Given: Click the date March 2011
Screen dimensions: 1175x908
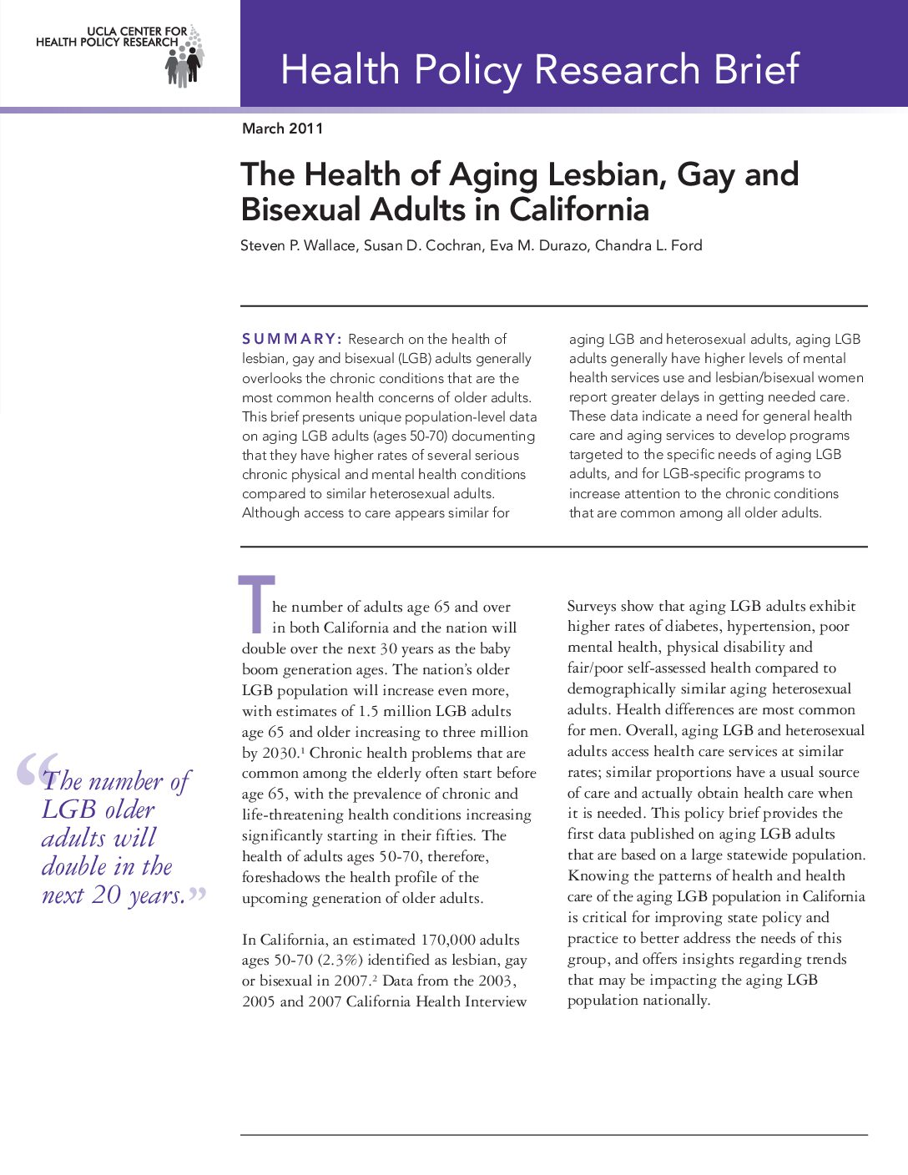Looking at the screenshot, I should tap(282, 129).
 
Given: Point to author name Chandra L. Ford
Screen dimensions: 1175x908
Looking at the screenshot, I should tap(648, 245).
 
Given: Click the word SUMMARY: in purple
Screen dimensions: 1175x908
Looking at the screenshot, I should tap(291, 339).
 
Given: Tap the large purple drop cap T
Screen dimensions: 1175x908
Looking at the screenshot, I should tap(256, 603).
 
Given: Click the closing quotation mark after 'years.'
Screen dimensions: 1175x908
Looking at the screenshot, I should tap(197, 895).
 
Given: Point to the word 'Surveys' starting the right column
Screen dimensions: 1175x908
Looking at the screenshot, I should tap(593, 607).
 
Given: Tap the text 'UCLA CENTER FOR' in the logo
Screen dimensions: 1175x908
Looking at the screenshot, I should tap(137, 31).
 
